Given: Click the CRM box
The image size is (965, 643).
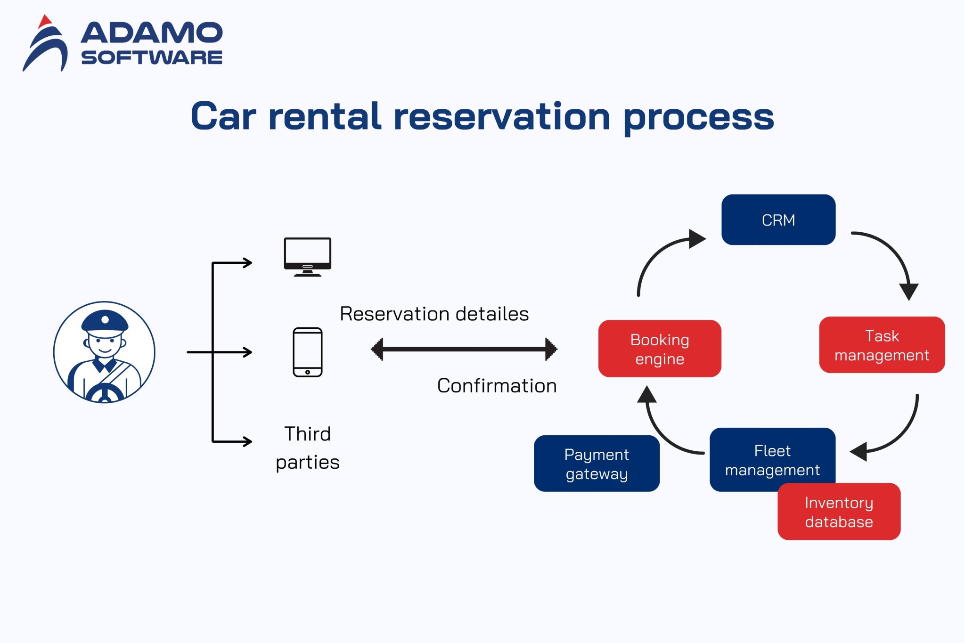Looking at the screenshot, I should pyautogui.click(x=778, y=220).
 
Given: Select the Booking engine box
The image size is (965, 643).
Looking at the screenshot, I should pyautogui.click(x=659, y=349).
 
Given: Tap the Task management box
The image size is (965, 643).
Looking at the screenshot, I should pyautogui.click(x=882, y=345).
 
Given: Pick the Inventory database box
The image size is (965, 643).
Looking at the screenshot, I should pyautogui.click(x=839, y=512).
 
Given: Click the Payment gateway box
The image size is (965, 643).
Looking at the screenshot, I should pyautogui.click(x=597, y=464).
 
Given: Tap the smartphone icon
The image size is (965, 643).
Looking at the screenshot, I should pyautogui.click(x=307, y=352).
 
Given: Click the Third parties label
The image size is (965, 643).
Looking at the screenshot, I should pyautogui.click(x=307, y=448).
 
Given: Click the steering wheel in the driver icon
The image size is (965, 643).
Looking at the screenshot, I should pyautogui.click(x=105, y=394).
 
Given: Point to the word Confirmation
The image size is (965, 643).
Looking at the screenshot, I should pyautogui.click(x=497, y=386).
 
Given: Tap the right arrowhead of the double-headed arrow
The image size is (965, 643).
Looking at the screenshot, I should pyautogui.click(x=550, y=349).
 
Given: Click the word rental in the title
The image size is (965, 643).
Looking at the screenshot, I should pyautogui.click(x=324, y=116).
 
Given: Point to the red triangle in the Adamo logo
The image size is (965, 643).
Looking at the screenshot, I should pyautogui.click(x=44, y=21).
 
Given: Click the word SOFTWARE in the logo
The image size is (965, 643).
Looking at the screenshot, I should pyautogui.click(x=151, y=57).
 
